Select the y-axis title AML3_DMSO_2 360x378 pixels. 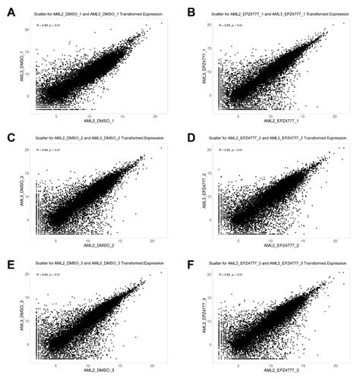[23, 193]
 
